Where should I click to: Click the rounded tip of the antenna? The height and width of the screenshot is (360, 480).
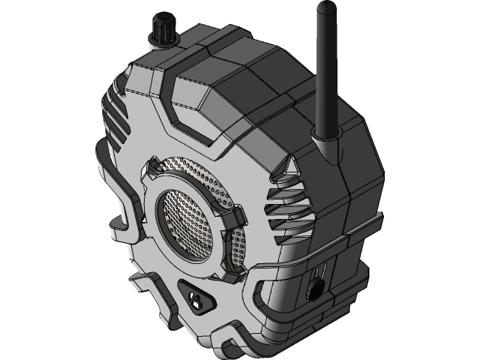[x=324, y=8]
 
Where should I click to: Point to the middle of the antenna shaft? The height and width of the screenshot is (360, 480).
[x=324, y=71]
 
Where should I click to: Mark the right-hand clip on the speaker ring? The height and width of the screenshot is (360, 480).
[x=235, y=218]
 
